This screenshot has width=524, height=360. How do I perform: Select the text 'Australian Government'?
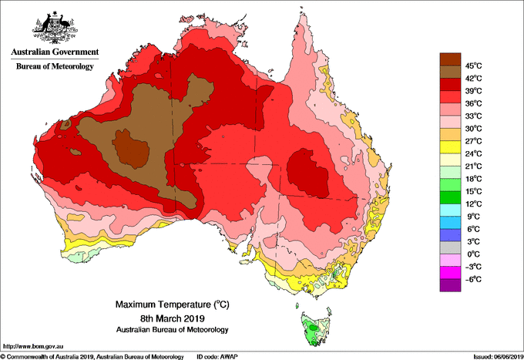(x=53, y=52)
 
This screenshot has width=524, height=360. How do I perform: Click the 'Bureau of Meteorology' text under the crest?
(x=54, y=67)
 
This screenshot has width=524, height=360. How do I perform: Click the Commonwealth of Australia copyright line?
(x=92, y=355)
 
